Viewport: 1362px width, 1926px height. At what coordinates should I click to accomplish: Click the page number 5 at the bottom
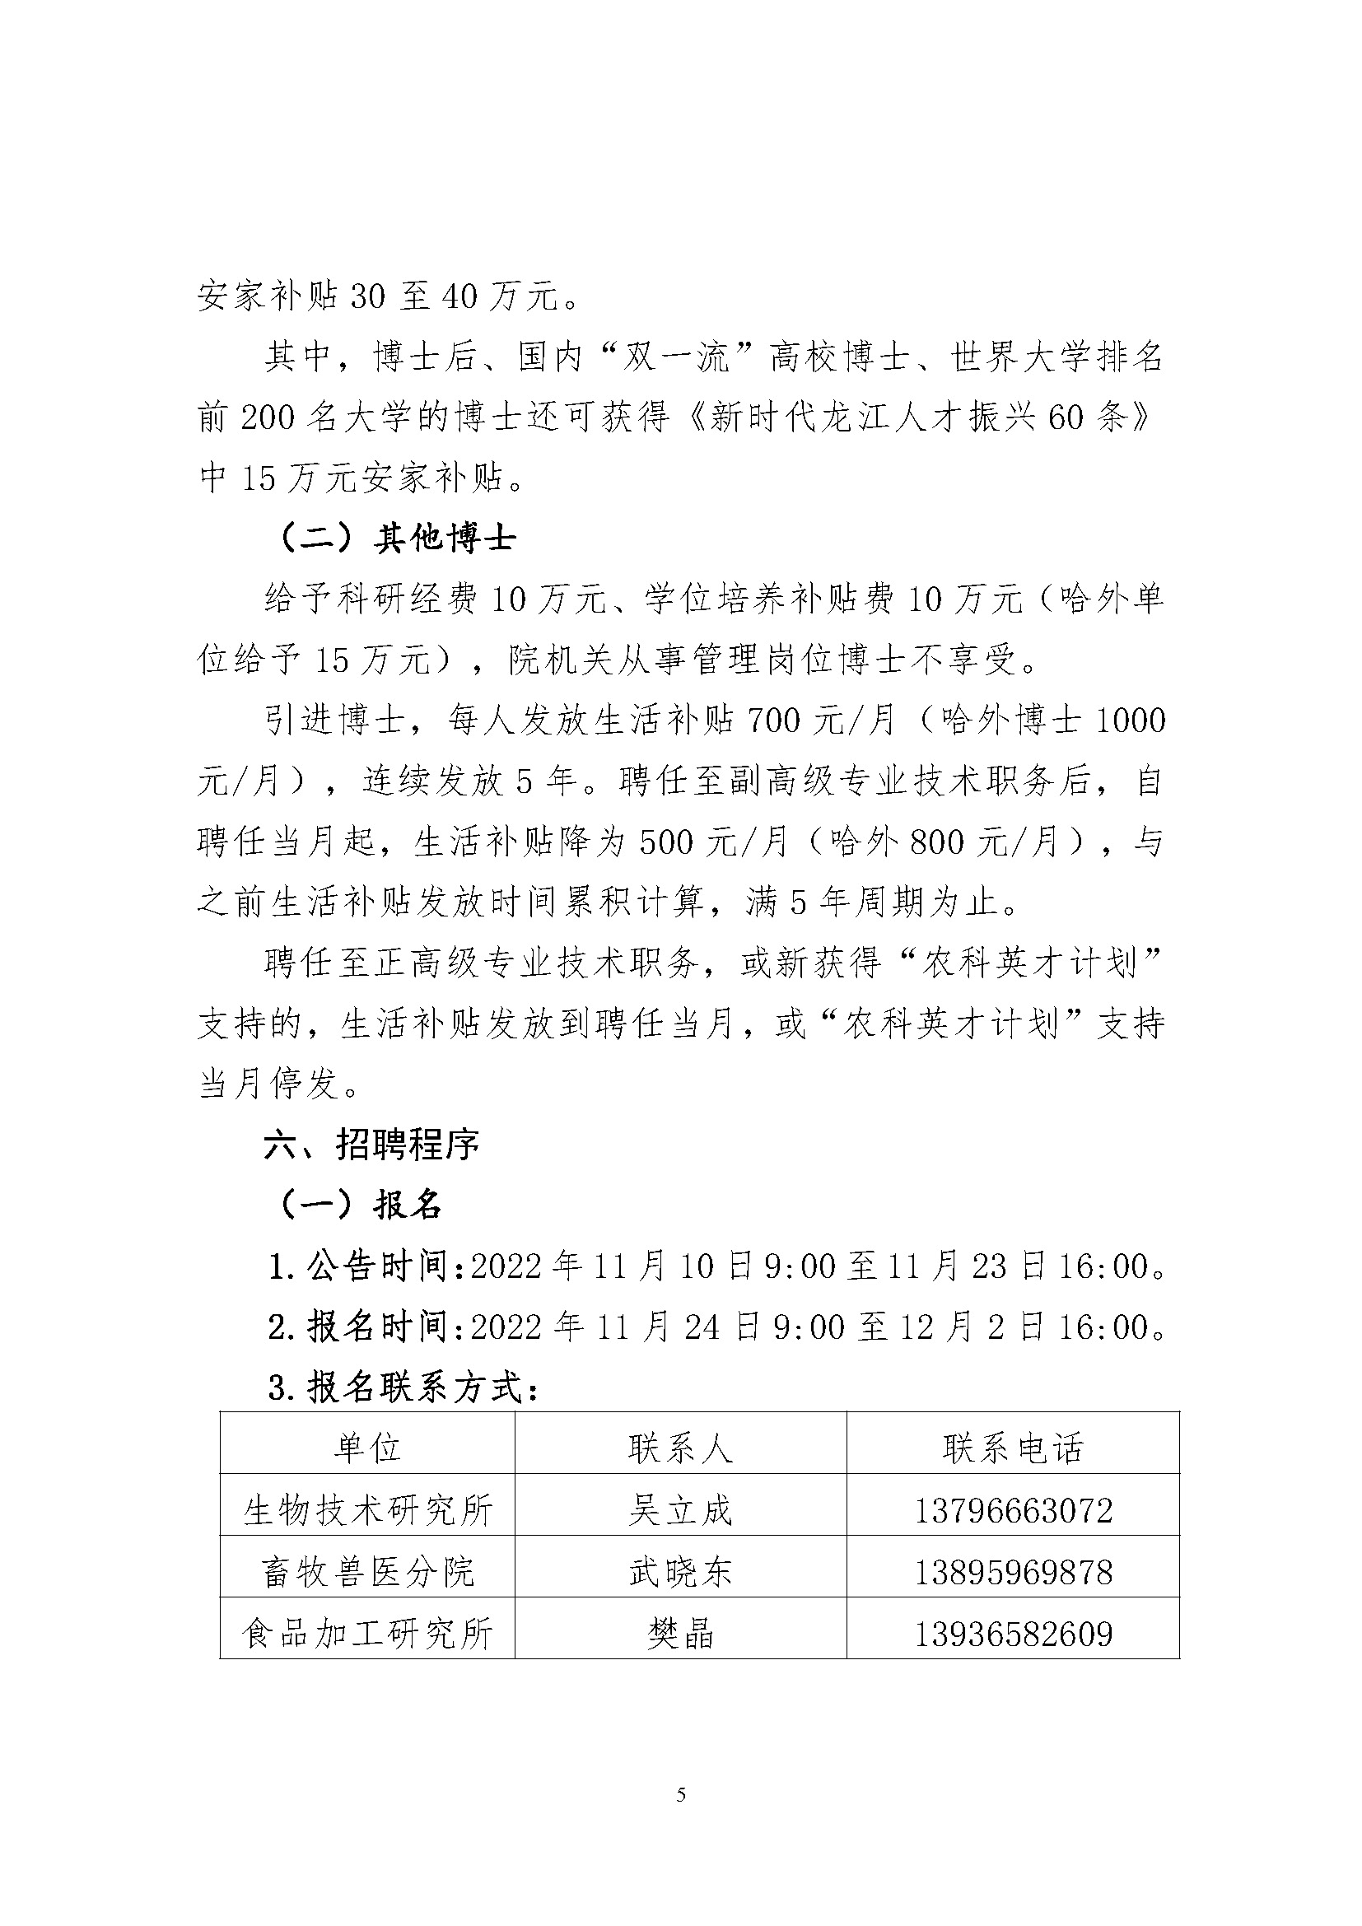(x=680, y=1795)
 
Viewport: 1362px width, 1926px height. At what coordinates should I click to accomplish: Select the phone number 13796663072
(x=1013, y=1511)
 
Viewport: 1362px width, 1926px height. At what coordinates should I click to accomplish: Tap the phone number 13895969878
(x=1013, y=1572)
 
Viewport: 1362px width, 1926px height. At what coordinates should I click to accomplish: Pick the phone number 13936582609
(x=1013, y=1633)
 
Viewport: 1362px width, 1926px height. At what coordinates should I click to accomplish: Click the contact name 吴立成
(x=680, y=1511)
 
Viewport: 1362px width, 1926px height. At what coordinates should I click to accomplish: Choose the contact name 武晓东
(x=680, y=1572)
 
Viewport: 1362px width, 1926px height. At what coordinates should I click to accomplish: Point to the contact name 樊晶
(x=680, y=1633)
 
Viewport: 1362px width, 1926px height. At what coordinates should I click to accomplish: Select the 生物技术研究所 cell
(x=367, y=1511)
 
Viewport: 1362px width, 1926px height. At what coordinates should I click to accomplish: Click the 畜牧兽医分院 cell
(x=367, y=1572)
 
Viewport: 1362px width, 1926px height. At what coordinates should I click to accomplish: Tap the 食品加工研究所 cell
(x=367, y=1633)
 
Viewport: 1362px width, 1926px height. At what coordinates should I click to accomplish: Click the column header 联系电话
(x=1013, y=1448)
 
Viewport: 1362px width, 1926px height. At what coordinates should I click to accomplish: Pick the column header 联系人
(x=680, y=1448)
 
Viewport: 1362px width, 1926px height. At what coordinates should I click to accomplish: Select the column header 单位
(x=367, y=1448)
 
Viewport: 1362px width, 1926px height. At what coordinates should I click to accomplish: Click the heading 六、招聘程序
(x=371, y=1145)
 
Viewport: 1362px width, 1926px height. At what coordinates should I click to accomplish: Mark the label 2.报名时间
(x=366, y=1327)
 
